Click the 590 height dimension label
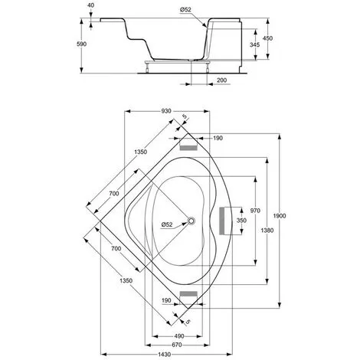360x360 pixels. pos(82,44)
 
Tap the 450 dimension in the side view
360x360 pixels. pos(267,38)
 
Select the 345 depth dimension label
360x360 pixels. pos(254,44)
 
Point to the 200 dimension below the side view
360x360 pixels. pos(221,80)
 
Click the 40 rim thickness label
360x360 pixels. pos(90,5)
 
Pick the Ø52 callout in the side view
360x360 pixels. pos(185,10)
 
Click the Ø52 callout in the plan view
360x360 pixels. pos(167,224)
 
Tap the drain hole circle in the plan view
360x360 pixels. pos(191,221)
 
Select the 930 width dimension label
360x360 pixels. pos(166,111)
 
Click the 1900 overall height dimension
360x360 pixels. pos(280,216)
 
